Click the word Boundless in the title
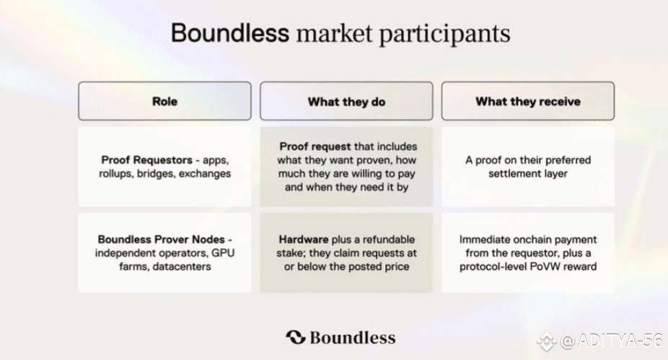point(230,32)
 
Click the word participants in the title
point(444,34)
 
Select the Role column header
point(165,101)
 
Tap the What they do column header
point(346,101)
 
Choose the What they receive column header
point(528,101)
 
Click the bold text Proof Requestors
point(146,160)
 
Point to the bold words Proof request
point(315,146)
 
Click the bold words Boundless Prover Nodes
point(161,239)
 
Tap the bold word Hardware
point(304,239)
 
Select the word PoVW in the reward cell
point(543,266)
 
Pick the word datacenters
point(183,266)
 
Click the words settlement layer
point(528,173)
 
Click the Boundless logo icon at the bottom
point(296,337)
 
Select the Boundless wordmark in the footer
point(352,338)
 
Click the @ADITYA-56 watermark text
point(612,341)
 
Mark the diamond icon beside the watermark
point(547,341)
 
